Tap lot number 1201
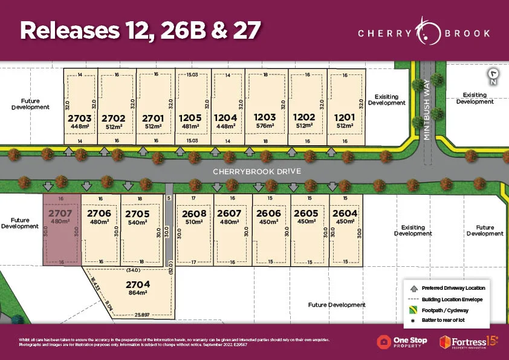(344, 117)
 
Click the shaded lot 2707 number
(60, 213)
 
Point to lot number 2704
(138, 284)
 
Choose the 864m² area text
(138, 292)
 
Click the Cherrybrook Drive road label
(256, 171)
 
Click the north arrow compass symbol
(494, 76)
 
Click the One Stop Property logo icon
(383, 342)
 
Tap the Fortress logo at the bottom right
(469, 342)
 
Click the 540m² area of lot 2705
(138, 222)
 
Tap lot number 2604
(345, 213)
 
